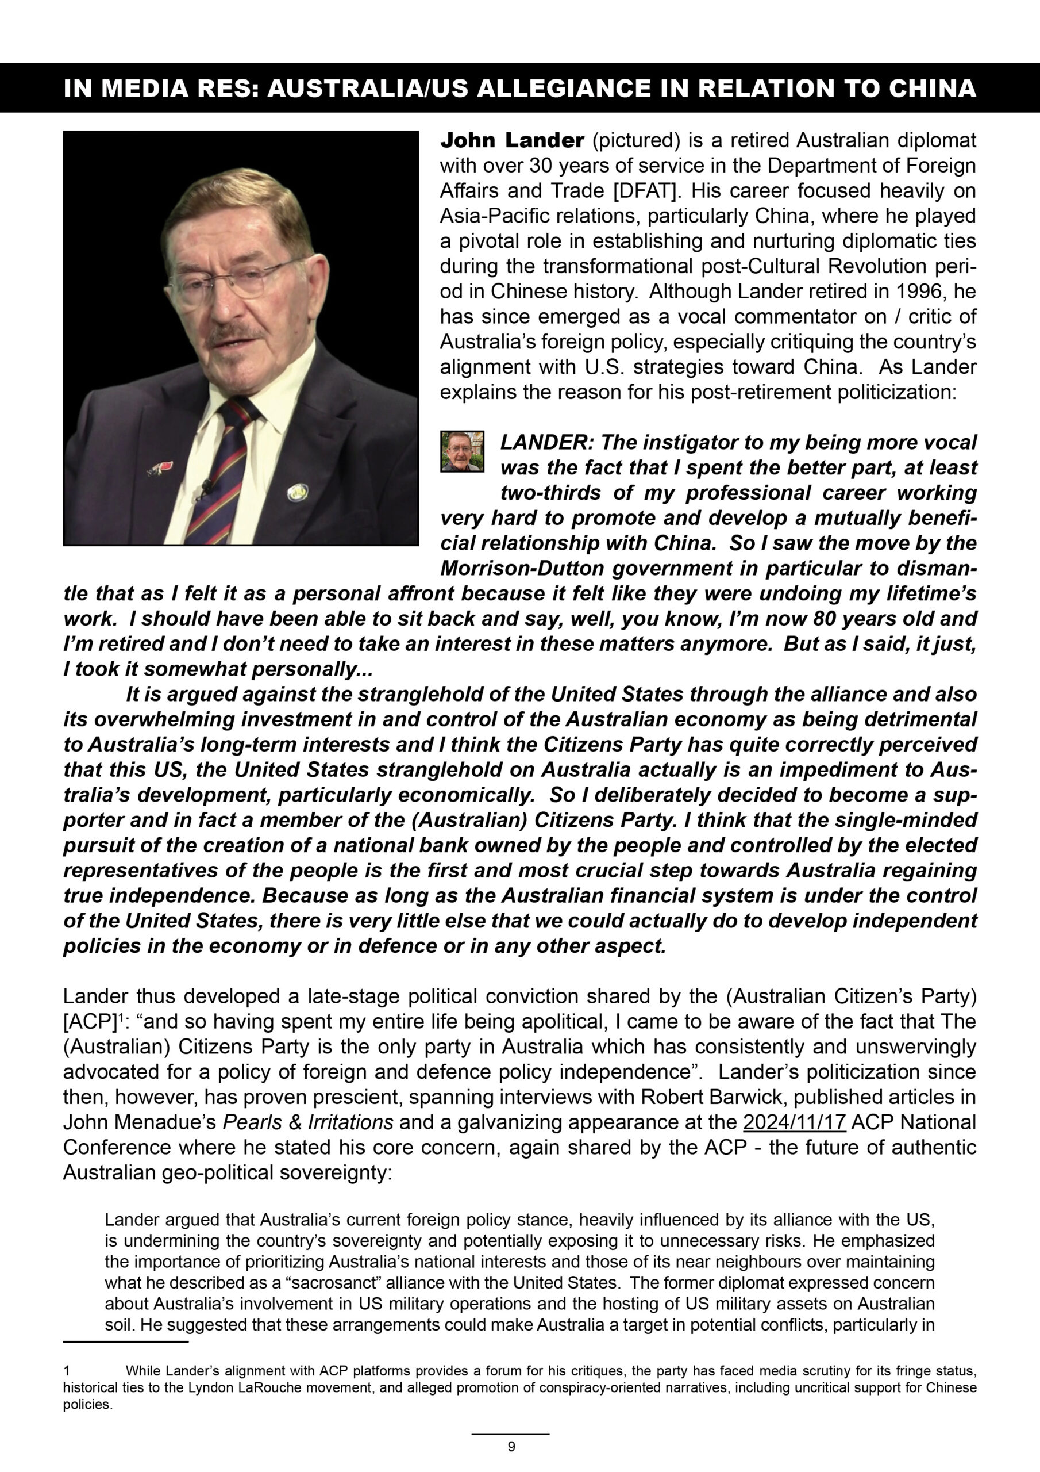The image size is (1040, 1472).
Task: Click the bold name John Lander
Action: pyautogui.click(x=512, y=140)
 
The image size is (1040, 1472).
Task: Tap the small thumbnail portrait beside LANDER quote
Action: pyautogui.click(x=462, y=451)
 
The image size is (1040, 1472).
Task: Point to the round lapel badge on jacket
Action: pyautogui.click(x=296, y=492)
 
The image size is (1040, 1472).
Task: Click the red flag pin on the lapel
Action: pyautogui.click(x=156, y=467)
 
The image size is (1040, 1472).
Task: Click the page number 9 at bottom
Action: pyautogui.click(x=511, y=1446)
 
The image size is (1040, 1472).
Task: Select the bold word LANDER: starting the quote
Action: pyautogui.click(x=546, y=442)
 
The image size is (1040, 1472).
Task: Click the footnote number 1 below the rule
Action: pyautogui.click(x=67, y=1371)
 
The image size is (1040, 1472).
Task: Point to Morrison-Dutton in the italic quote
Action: pyautogui.click(x=522, y=569)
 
